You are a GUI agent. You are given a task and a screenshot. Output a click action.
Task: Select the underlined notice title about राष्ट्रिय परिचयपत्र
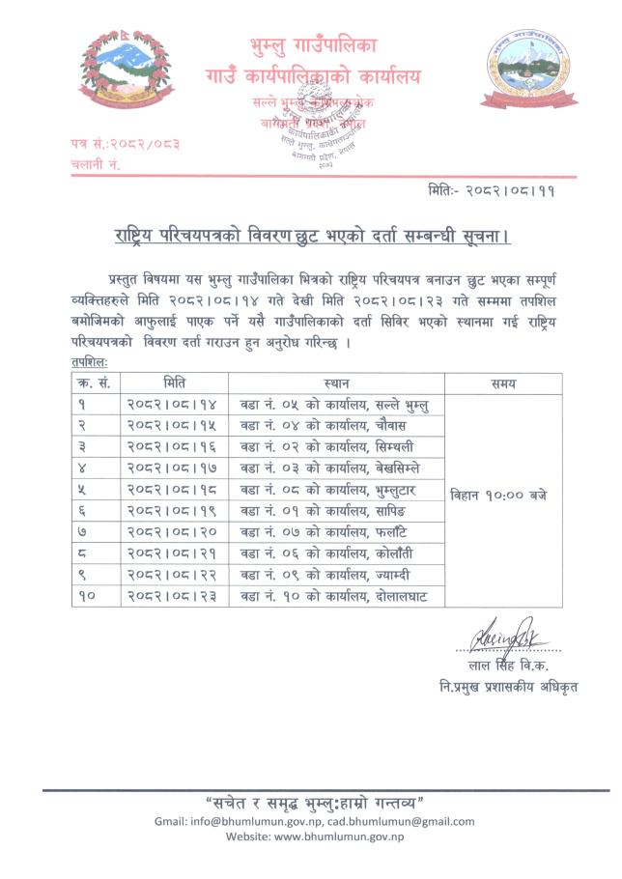[309, 237]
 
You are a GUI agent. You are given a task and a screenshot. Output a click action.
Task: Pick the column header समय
[502, 383]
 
